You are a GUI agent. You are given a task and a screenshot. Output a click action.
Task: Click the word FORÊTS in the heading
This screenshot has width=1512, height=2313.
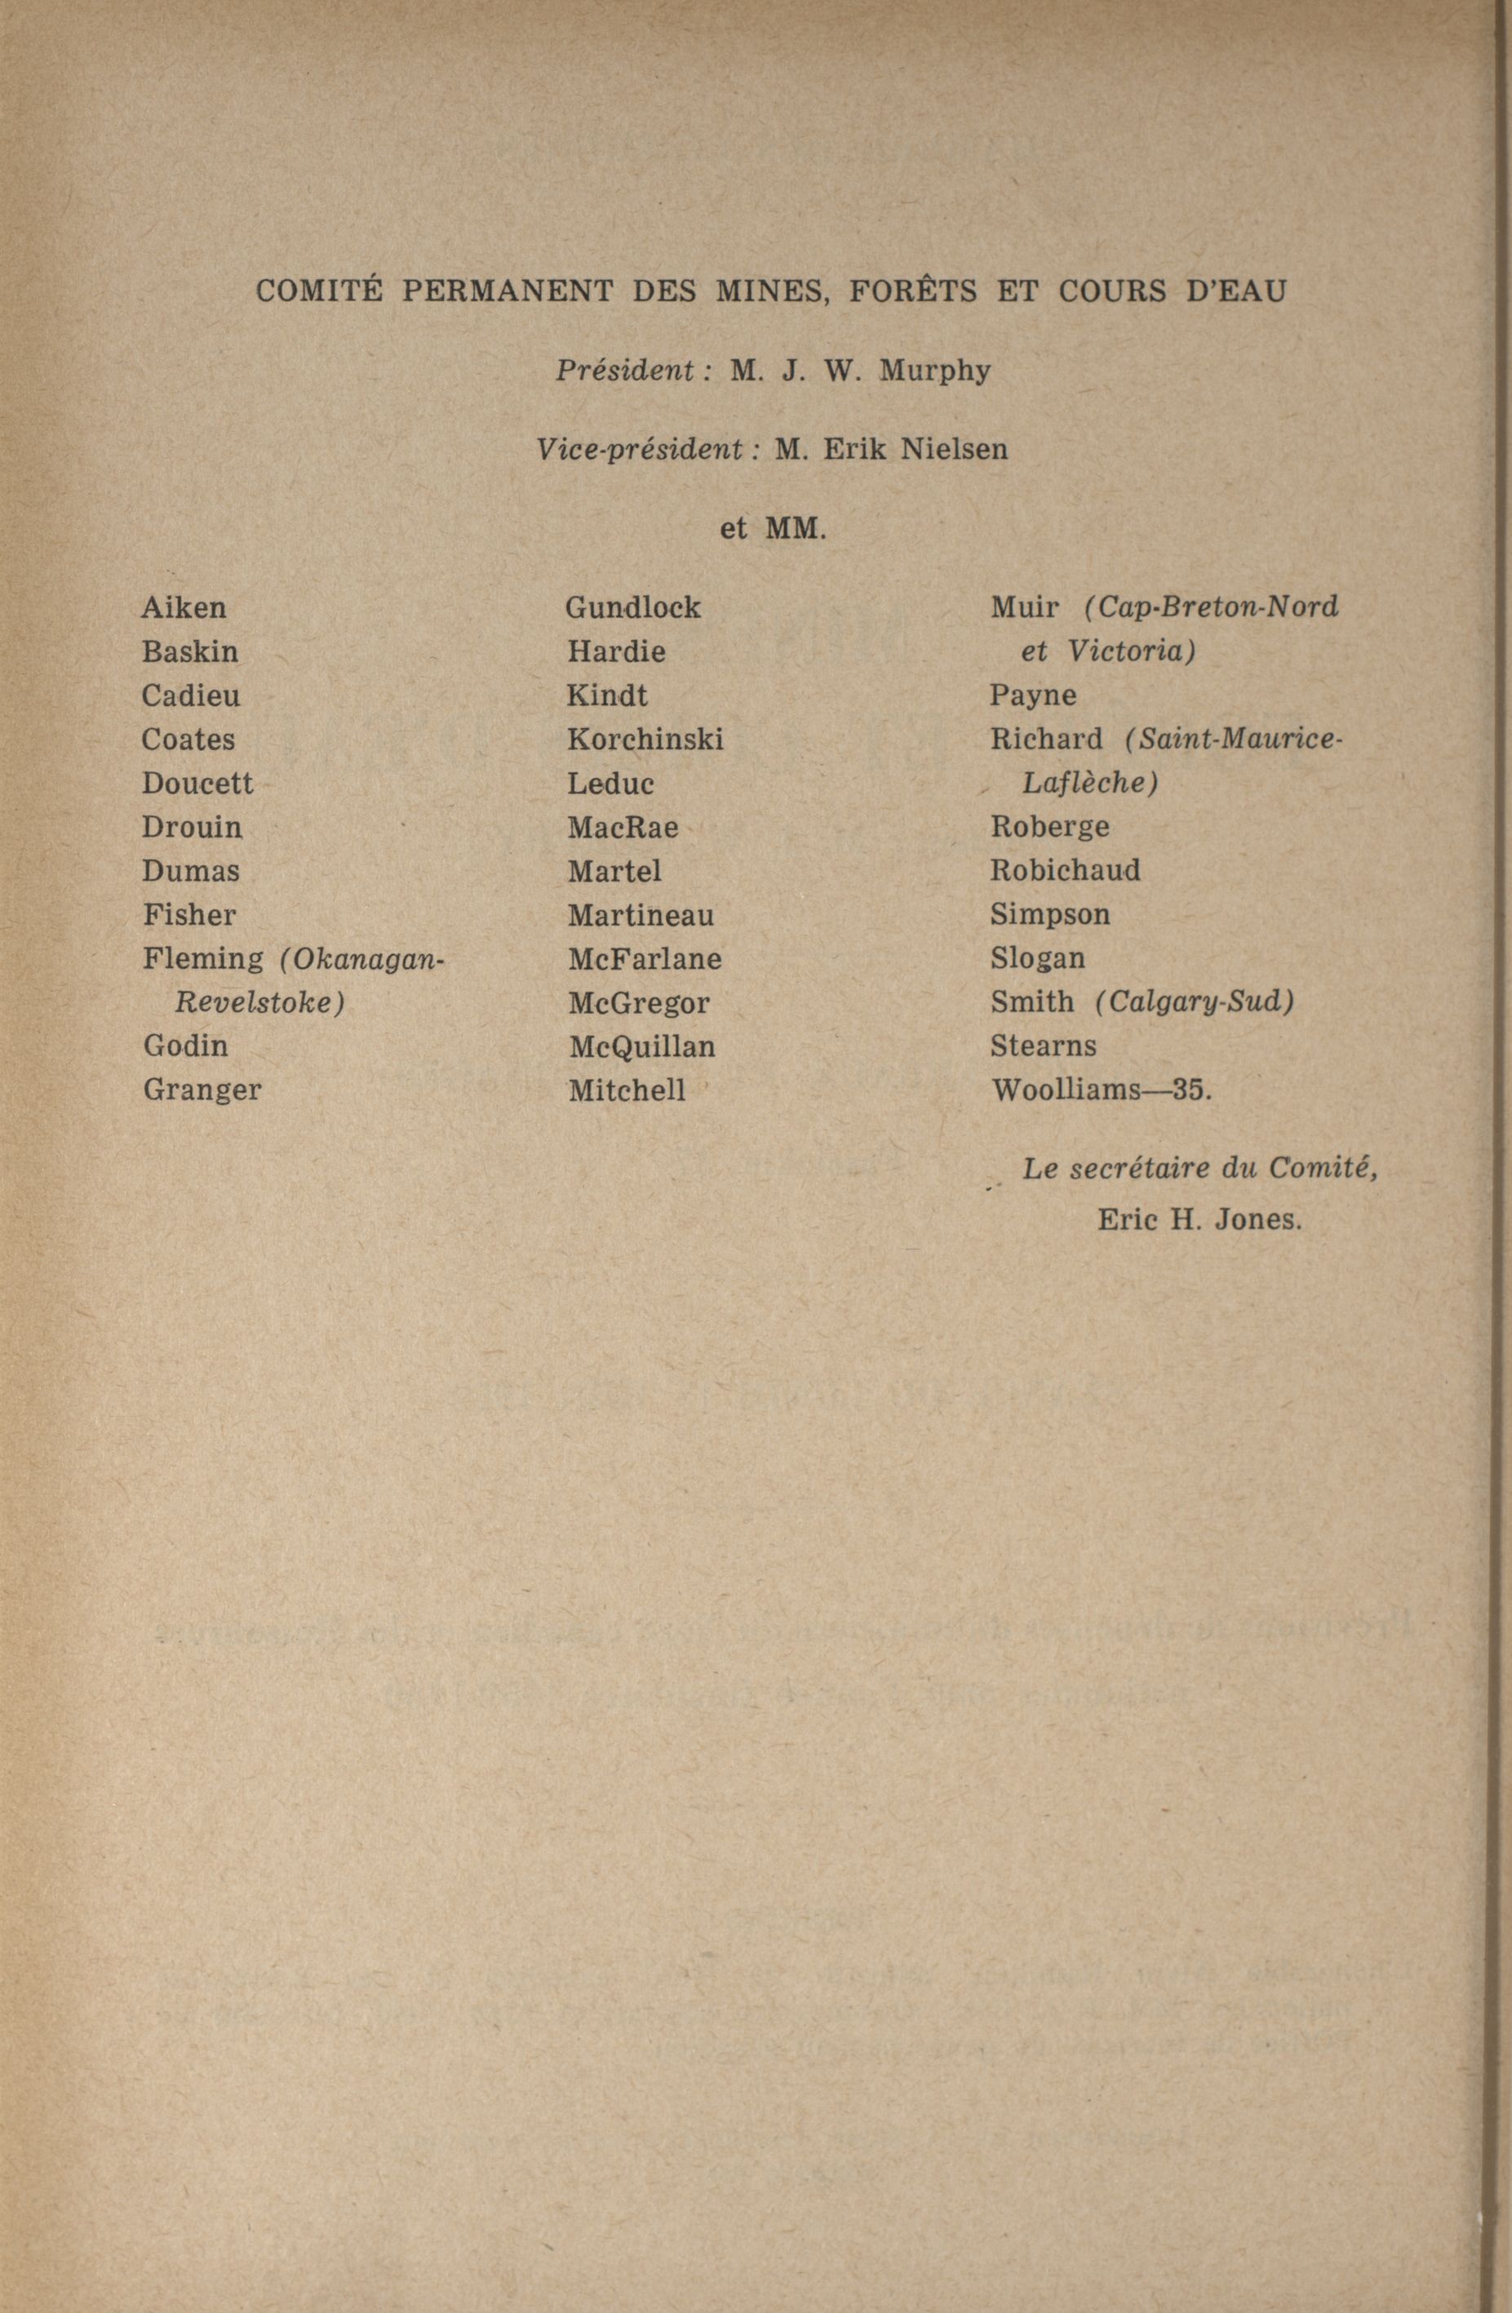point(913,291)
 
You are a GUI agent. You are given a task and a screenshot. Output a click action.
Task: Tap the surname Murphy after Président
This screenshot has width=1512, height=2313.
point(935,371)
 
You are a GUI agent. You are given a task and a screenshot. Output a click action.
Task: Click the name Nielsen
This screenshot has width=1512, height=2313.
point(954,449)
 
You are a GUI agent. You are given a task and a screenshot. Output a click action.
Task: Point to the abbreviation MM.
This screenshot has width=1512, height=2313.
point(796,530)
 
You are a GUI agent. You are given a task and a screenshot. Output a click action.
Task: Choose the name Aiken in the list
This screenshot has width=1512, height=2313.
point(184,608)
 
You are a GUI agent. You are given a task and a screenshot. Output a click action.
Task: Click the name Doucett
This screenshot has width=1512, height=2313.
point(197,784)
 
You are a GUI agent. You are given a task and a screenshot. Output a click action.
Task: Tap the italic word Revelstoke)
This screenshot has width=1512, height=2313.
point(259,1002)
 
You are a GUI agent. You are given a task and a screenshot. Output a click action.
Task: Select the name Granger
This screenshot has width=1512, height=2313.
point(202,1090)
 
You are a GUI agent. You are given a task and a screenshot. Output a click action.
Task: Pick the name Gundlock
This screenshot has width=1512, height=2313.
point(632,608)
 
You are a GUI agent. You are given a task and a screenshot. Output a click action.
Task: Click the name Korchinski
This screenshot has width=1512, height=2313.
point(645,739)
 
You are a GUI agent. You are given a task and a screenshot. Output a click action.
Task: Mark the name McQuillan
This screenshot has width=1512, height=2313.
point(642,1046)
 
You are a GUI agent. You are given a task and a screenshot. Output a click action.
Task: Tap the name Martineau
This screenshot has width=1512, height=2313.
point(641,916)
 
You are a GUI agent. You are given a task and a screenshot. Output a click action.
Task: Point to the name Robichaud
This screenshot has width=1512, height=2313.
point(1065,870)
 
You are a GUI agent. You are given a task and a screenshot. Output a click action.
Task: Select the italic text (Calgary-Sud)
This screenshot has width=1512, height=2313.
point(1195,1002)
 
